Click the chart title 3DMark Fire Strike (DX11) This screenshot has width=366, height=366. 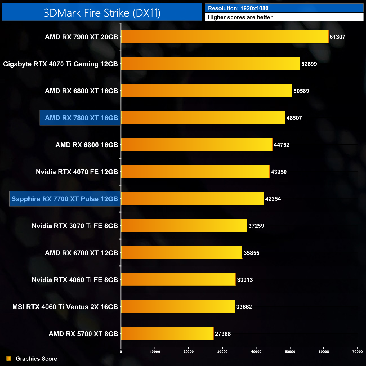[x=102, y=13]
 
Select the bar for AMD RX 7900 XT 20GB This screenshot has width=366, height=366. [x=225, y=37]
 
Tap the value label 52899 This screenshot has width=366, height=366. [x=309, y=64]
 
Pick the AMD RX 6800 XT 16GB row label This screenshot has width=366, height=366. [x=81, y=91]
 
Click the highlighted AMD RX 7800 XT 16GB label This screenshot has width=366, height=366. [x=81, y=118]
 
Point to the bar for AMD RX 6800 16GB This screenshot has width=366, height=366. [x=197, y=145]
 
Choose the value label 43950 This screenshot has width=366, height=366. [x=279, y=172]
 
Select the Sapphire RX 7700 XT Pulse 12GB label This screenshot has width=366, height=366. [x=65, y=199]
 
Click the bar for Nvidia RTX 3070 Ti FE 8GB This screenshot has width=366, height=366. [x=184, y=226]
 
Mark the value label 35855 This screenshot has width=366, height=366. [x=251, y=253]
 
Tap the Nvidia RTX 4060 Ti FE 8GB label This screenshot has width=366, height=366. [x=75, y=280]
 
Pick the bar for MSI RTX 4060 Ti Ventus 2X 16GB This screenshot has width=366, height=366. [x=178, y=307]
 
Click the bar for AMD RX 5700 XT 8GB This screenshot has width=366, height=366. [x=168, y=334]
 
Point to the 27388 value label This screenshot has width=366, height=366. [x=223, y=334]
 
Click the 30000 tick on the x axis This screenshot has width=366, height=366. [x=222, y=352]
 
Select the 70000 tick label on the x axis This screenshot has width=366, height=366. [x=358, y=352]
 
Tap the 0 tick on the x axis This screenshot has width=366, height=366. [x=121, y=352]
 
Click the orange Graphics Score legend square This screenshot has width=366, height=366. [x=9, y=358]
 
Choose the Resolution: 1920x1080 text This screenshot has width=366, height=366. [x=238, y=8]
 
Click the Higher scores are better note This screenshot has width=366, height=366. [x=240, y=17]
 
